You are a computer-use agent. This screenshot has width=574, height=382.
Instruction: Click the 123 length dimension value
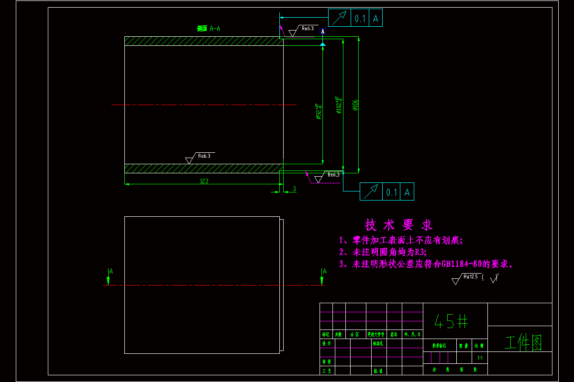click(204, 181)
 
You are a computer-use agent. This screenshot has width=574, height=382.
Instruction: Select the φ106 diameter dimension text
click(355, 105)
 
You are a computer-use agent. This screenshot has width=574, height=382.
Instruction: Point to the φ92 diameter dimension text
click(318, 111)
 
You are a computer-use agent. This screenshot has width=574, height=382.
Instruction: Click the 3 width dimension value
click(294, 189)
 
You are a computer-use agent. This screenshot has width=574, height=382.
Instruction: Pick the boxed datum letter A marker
click(323, 32)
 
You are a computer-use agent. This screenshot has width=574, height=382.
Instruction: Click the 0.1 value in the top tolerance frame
click(360, 19)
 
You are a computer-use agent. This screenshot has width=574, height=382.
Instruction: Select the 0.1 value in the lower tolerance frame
click(392, 192)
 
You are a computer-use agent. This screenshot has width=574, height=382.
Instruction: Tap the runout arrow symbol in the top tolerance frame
click(340, 18)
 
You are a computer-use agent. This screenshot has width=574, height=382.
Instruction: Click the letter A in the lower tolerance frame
click(407, 192)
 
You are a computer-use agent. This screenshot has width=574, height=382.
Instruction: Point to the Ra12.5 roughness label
click(471, 276)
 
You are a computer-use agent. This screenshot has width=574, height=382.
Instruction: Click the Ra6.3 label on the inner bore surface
click(204, 156)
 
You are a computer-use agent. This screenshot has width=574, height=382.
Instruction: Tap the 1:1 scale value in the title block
click(480, 357)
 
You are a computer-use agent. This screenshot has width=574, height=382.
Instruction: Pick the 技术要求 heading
click(398, 224)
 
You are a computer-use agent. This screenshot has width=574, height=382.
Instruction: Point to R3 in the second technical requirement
click(419, 252)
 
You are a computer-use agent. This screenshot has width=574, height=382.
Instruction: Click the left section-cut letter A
click(110, 271)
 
